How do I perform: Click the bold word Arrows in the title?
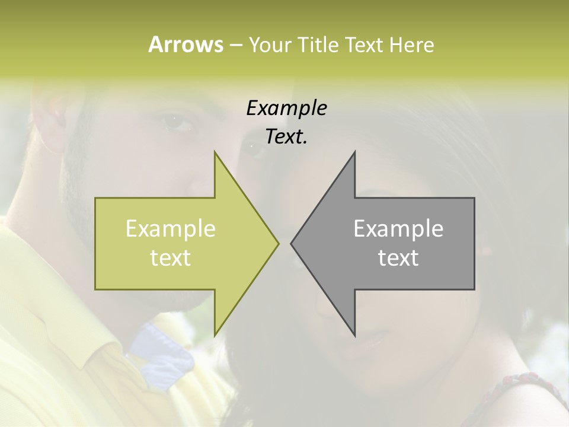point(186,44)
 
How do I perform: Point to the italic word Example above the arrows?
point(286,108)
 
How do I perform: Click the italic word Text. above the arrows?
point(286,137)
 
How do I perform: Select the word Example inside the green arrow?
point(171,229)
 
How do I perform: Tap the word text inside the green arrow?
point(171,257)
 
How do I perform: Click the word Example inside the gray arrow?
point(398,229)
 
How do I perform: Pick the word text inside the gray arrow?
point(398,257)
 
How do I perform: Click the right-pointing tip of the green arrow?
point(278,243)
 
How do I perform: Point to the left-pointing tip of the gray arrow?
point(291,243)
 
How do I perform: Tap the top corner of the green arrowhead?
point(215,152)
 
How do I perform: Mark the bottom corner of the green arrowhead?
point(215,335)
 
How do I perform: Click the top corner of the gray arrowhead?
point(354,152)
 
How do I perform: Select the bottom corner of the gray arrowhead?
point(354,335)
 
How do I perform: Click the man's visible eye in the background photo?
point(177,122)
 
